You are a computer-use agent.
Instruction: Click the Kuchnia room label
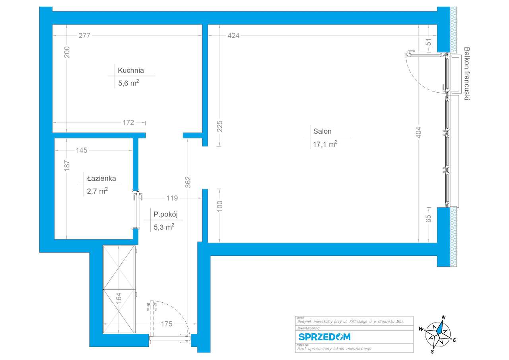pyautogui.click(x=130, y=71)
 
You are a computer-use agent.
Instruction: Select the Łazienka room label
pyautogui.click(x=102, y=179)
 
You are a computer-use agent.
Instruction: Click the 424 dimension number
pyautogui.click(x=233, y=35)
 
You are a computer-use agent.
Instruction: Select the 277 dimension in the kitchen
pyautogui.click(x=85, y=35)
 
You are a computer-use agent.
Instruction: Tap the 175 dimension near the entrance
pyautogui.click(x=167, y=324)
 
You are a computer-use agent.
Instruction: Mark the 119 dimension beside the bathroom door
pyautogui.click(x=172, y=198)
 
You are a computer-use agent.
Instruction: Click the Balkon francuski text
pyautogui.click(x=467, y=75)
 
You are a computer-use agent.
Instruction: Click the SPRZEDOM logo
pyautogui.click(x=324, y=337)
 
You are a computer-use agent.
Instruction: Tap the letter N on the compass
pyautogui.click(x=443, y=317)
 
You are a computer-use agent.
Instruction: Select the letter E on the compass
pyautogui.click(x=454, y=339)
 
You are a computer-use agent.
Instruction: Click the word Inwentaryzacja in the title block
pyautogui.click(x=308, y=329)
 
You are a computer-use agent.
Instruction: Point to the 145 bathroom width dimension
pyautogui.click(x=81, y=150)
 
